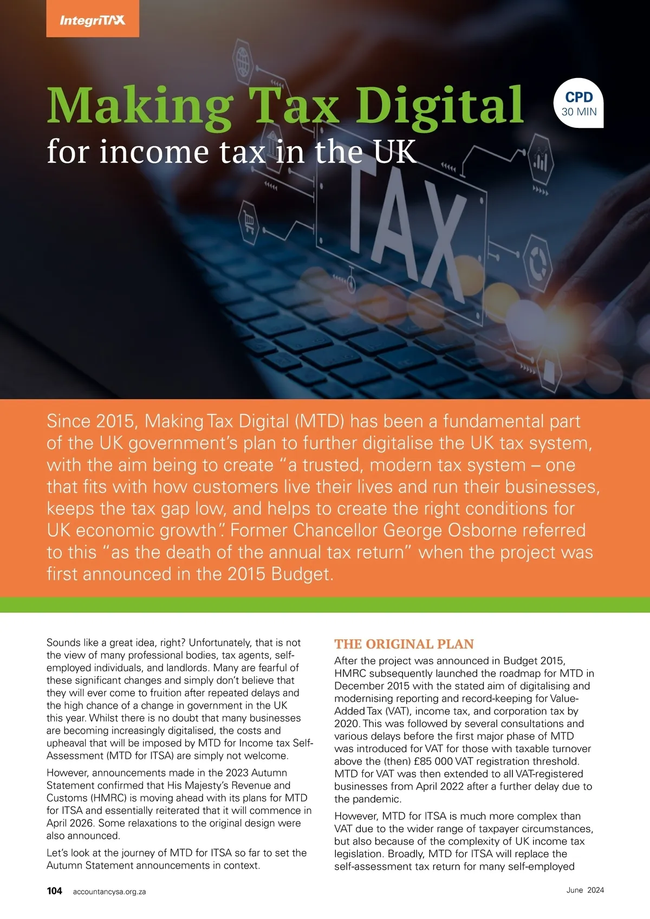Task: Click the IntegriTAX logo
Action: pos(93,21)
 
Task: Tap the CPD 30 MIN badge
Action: pos(579,103)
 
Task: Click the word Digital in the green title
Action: pos(439,106)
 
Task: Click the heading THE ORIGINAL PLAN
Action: pos(404,644)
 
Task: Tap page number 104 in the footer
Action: pos(55,891)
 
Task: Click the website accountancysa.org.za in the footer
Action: pos(109,891)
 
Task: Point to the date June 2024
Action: pos(585,890)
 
